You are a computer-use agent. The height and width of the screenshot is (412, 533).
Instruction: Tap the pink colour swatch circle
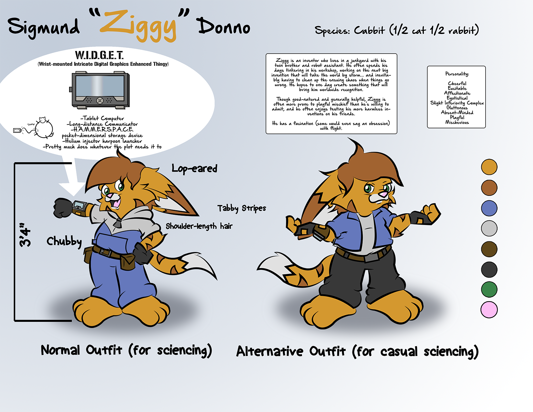click(489, 310)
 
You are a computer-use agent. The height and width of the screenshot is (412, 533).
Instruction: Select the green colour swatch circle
click(489, 290)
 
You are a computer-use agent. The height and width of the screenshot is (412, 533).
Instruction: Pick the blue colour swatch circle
click(489, 208)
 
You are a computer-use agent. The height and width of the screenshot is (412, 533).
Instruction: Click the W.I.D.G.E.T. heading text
click(99, 55)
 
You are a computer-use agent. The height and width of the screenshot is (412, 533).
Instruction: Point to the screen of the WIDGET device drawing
click(100, 86)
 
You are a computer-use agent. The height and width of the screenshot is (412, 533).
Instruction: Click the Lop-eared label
click(194, 169)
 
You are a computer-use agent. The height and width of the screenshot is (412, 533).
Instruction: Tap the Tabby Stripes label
click(242, 208)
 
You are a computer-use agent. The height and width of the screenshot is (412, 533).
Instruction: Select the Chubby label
click(64, 242)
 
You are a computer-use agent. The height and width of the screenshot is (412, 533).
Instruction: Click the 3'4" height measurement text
click(25, 235)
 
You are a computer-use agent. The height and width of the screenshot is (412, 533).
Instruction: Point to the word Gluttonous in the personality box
click(457, 108)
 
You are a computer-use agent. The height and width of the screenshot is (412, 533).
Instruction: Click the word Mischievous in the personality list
click(457, 122)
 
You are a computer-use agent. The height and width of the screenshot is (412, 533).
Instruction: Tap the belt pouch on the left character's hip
click(128, 262)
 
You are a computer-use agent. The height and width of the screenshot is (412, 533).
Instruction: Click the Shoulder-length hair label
click(199, 226)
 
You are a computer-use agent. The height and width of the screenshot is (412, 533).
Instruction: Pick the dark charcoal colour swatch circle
click(489, 269)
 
